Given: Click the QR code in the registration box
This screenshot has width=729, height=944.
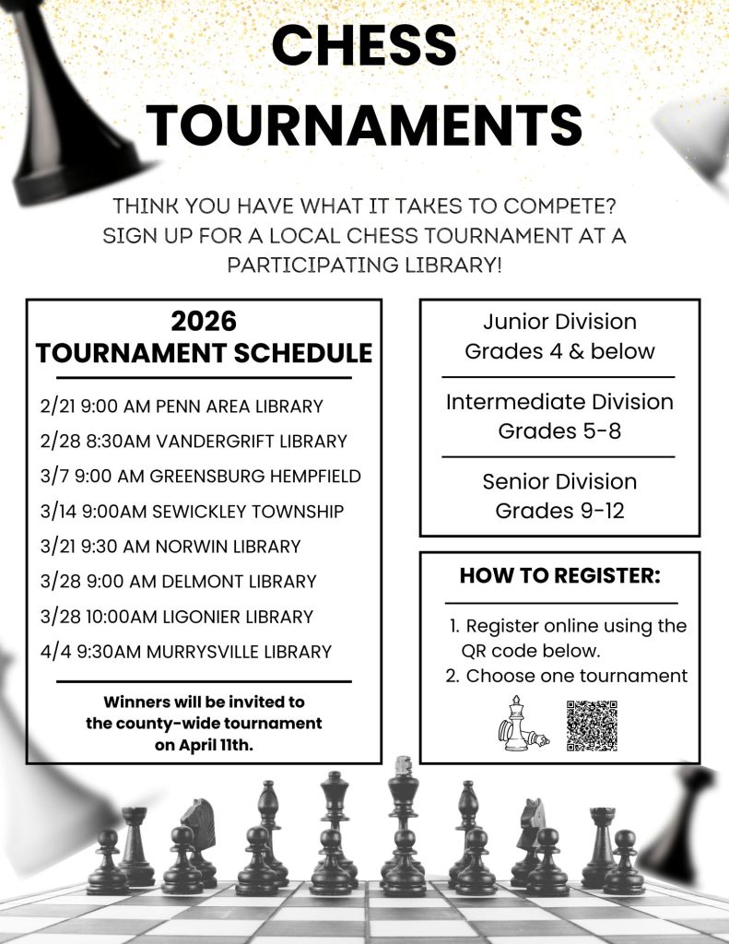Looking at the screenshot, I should [591, 726].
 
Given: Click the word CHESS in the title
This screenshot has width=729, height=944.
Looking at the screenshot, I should [365, 44].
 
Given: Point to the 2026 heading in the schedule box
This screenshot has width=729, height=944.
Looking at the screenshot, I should [204, 321].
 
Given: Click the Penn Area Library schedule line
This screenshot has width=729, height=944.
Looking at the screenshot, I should [182, 406].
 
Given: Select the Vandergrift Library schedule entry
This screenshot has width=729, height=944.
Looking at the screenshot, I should [194, 441].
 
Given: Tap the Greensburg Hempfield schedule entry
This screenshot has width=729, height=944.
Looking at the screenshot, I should [200, 476].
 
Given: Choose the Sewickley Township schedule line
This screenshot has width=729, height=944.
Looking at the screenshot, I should [192, 511].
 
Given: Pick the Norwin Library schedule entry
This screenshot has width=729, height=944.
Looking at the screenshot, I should [170, 546].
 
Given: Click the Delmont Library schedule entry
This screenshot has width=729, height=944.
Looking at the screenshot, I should [178, 581].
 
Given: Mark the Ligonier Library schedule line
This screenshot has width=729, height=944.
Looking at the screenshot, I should [177, 616].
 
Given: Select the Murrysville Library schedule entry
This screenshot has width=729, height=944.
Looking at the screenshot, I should [185, 651].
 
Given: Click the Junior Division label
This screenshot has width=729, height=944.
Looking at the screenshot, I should [559, 322].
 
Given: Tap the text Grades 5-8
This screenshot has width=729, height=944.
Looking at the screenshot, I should [559, 431].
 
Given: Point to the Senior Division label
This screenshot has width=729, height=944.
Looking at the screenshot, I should [559, 481].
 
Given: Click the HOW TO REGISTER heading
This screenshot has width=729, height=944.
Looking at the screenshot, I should [559, 576].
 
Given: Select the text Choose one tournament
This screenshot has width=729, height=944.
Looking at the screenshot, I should [576, 676].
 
